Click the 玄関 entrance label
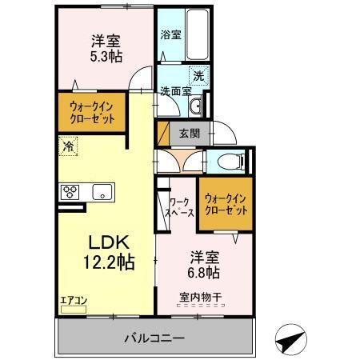190,133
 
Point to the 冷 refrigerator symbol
68,146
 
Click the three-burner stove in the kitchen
70,190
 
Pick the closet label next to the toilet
225,205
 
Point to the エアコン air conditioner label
74,301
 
